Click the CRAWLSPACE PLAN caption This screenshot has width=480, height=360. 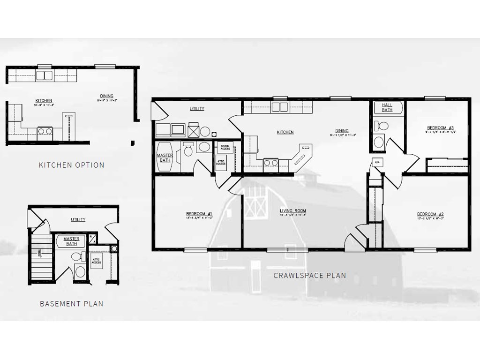tap(309, 276)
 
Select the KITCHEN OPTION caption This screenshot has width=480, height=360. tap(71, 165)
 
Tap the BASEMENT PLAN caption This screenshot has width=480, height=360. tap(71, 304)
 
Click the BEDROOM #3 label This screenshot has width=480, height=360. tap(440, 127)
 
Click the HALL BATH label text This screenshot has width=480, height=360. tap(387, 107)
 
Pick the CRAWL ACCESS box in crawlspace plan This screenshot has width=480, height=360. tap(225, 146)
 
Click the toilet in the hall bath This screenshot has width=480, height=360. tap(382, 126)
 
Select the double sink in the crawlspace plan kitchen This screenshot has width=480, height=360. tap(280, 107)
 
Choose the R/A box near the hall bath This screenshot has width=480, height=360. tap(376, 163)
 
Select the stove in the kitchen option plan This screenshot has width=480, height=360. tap(45, 132)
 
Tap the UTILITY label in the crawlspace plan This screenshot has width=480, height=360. tap(196, 109)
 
